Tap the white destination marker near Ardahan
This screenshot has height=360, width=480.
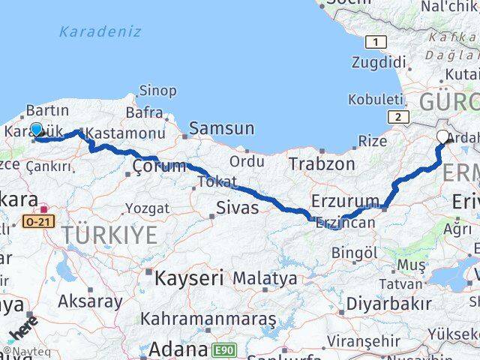(x=442, y=137)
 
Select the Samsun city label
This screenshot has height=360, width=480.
(x=221, y=128)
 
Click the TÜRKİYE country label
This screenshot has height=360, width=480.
(x=109, y=235)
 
